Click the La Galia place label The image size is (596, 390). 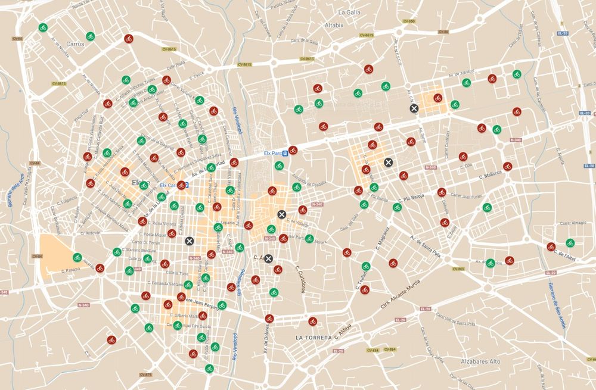tap(350, 12)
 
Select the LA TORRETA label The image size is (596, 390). tap(314, 338)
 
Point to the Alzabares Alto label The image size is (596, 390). tap(480, 361)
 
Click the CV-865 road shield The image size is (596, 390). tap(458, 270)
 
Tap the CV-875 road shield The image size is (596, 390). tap(145, 375)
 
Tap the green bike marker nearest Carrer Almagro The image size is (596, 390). tap(570, 243)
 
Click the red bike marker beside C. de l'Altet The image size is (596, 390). tap(551, 247)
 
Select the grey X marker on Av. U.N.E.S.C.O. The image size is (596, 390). tap(414, 108)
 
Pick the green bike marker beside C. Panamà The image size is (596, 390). tap(76, 257)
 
